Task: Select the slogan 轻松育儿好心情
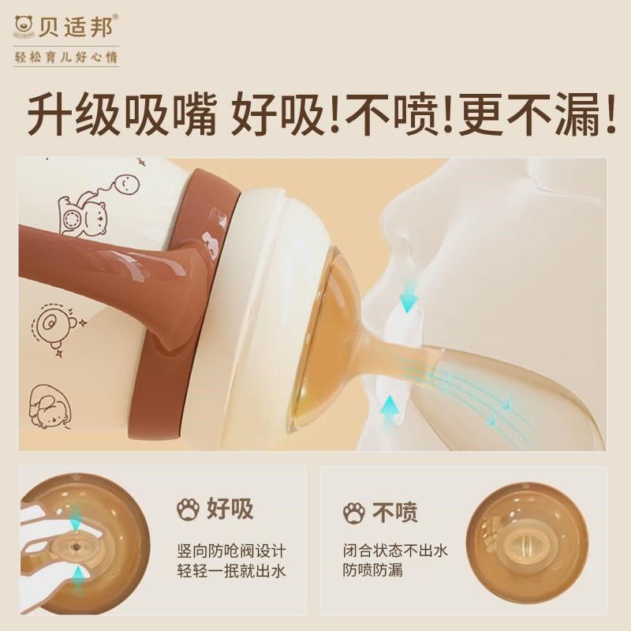[66, 58]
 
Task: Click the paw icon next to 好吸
[188, 509]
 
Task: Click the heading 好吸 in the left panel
[230, 509]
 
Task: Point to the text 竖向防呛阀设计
[230, 550]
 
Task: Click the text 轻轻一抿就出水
[230, 570]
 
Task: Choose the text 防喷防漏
[372, 570]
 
